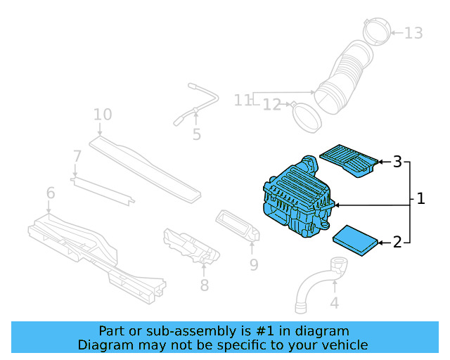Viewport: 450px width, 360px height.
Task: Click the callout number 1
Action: (420, 199)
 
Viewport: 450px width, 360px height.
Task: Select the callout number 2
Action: (397, 243)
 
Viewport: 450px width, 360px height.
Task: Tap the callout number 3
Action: (397, 162)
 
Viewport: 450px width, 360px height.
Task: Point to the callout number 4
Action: (335, 303)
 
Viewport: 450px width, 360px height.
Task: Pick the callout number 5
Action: (196, 134)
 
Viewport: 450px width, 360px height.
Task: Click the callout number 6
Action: (51, 193)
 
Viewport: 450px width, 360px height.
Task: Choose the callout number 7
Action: (77, 155)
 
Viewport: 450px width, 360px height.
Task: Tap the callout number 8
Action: (204, 285)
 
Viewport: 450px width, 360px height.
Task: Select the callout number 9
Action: (254, 264)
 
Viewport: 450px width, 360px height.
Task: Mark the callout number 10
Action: (103, 114)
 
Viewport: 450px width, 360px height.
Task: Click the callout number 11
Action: (243, 101)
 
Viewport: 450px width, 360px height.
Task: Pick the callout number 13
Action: (413, 32)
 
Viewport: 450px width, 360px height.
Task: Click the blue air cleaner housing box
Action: (295, 200)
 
